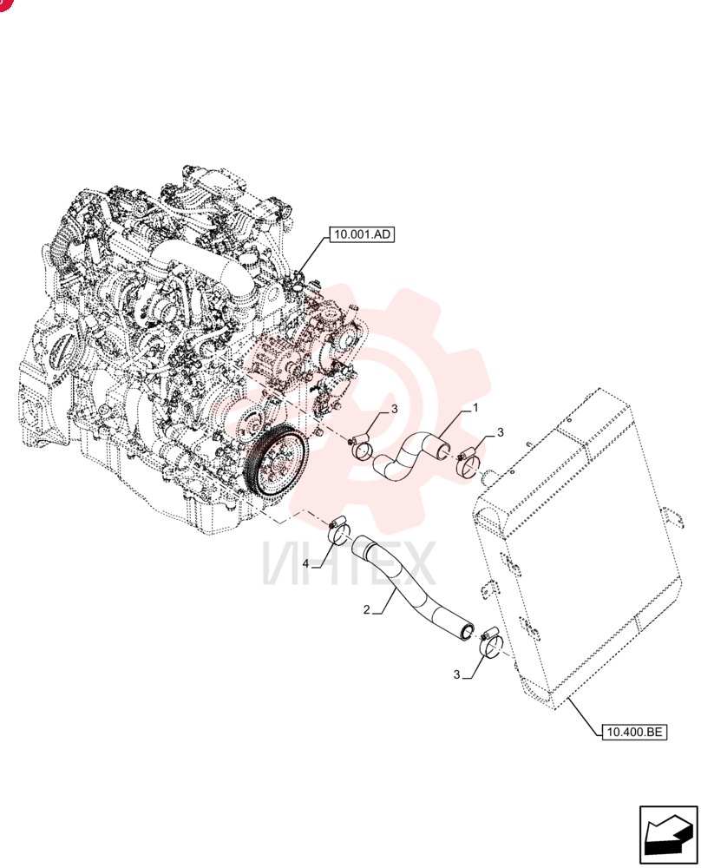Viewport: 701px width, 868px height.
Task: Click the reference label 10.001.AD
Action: tap(363, 234)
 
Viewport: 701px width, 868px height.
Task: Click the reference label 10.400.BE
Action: tap(634, 732)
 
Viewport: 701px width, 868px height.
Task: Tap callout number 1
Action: tap(475, 408)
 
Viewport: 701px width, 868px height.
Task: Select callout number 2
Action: tap(366, 610)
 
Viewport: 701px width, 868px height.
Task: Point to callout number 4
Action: tap(305, 564)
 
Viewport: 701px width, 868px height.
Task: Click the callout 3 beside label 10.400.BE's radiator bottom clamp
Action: tap(456, 674)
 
